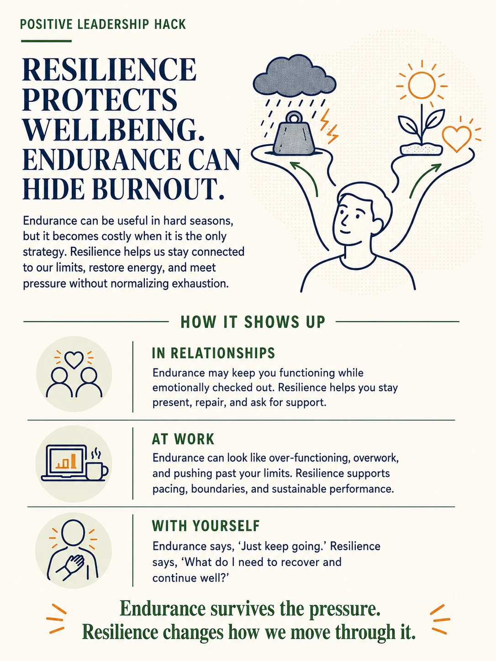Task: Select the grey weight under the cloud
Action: click(x=294, y=134)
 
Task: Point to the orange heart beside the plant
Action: click(x=457, y=138)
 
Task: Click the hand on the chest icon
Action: click(x=70, y=567)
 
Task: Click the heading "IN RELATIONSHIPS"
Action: click(x=213, y=353)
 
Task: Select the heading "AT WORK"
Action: click(x=183, y=439)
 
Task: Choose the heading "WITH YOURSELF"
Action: click(x=206, y=526)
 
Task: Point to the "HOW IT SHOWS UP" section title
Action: click(x=253, y=322)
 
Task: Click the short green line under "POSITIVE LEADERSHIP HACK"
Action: click(x=47, y=41)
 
